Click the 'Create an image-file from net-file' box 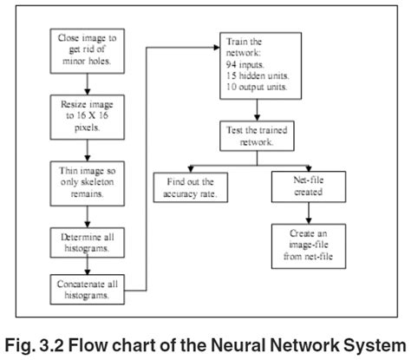[311, 245]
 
